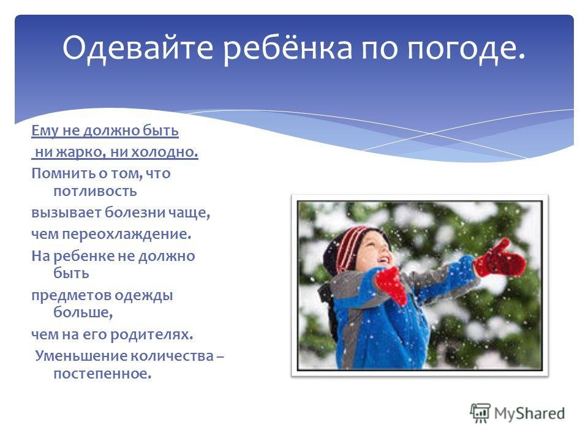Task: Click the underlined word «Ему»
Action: tap(45, 131)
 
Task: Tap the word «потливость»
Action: tap(96, 191)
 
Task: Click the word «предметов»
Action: tap(71, 295)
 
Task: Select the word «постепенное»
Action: tap(102, 374)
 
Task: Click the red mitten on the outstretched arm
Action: tap(500, 258)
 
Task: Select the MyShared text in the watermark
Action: tap(529, 413)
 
